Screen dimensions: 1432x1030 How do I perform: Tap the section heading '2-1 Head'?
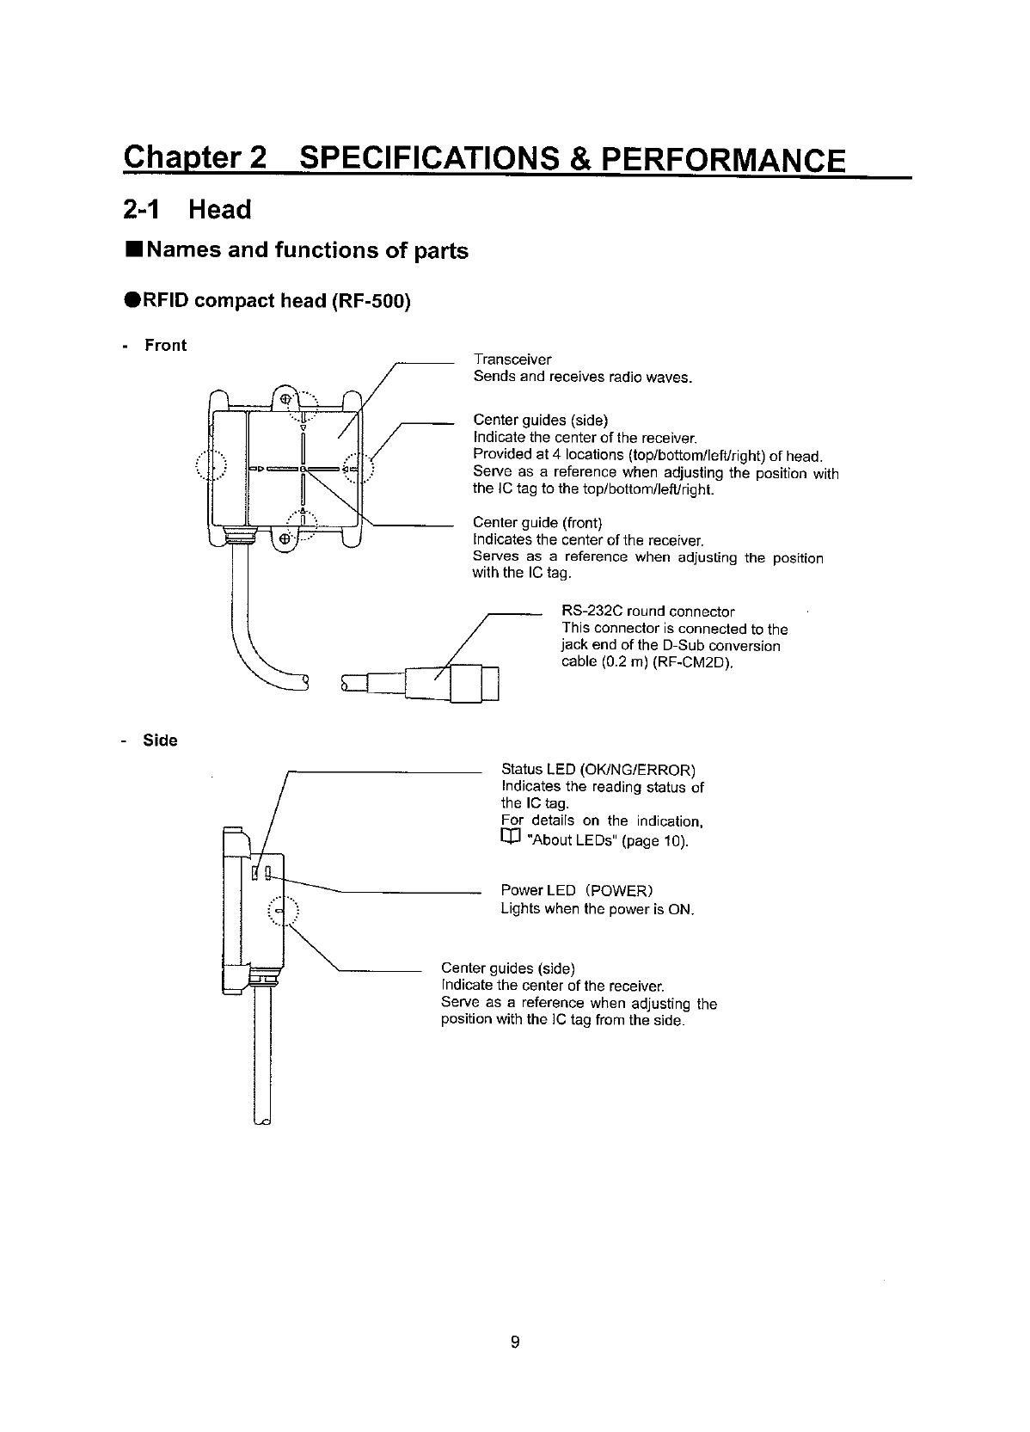pyautogui.click(x=187, y=210)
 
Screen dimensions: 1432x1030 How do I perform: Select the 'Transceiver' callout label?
pyautogui.click(x=512, y=359)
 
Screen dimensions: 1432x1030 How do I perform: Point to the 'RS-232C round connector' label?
pyautogui.click(x=647, y=612)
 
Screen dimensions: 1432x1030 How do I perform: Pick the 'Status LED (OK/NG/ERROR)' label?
pyautogui.click(x=598, y=769)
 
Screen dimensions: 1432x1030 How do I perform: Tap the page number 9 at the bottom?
pyautogui.click(x=515, y=1342)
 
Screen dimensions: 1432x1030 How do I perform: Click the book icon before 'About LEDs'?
pyautogui.click(x=511, y=839)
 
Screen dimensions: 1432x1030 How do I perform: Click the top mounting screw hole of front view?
pyautogui.click(x=285, y=398)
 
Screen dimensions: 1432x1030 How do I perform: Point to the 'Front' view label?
pyautogui.click(x=165, y=346)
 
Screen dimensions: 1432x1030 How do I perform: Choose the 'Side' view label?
pyautogui.click(x=160, y=741)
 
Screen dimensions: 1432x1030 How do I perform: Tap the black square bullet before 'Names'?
pyautogui.click(x=132, y=251)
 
